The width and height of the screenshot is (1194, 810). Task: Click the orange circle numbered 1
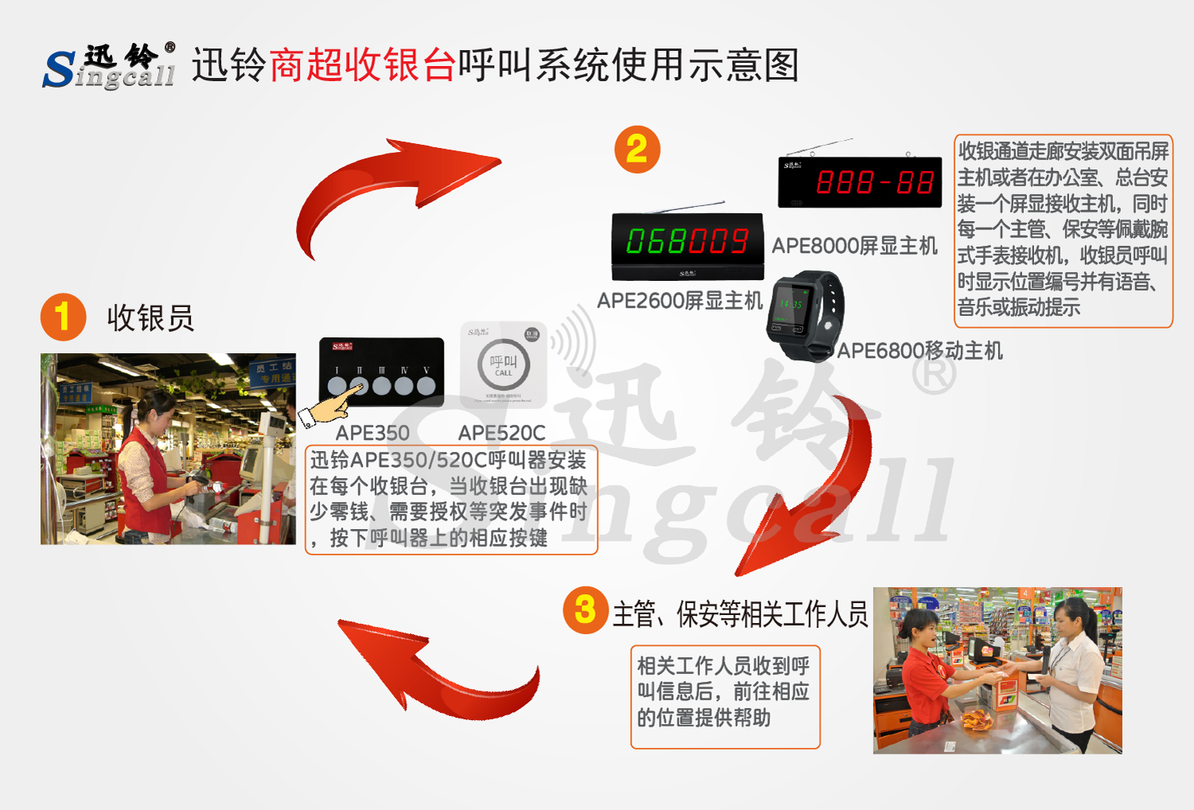click(x=63, y=317)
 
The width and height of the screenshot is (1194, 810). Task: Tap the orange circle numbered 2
click(x=637, y=149)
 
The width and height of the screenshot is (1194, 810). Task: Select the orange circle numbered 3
click(x=585, y=610)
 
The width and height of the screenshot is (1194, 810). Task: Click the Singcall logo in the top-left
click(x=109, y=66)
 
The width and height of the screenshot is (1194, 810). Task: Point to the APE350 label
click(x=372, y=433)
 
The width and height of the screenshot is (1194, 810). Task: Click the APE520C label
click(x=502, y=433)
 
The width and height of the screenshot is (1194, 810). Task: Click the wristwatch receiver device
click(x=803, y=314)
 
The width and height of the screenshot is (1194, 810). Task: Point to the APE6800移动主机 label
click(x=920, y=350)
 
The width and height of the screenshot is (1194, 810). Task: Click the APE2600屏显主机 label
click(x=679, y=301)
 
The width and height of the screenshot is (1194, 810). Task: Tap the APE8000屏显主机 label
click(x=854, y=246)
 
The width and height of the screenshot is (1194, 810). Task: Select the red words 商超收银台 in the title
click(x=363, y=65)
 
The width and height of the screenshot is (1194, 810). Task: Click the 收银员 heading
click(x=150, y=317)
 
